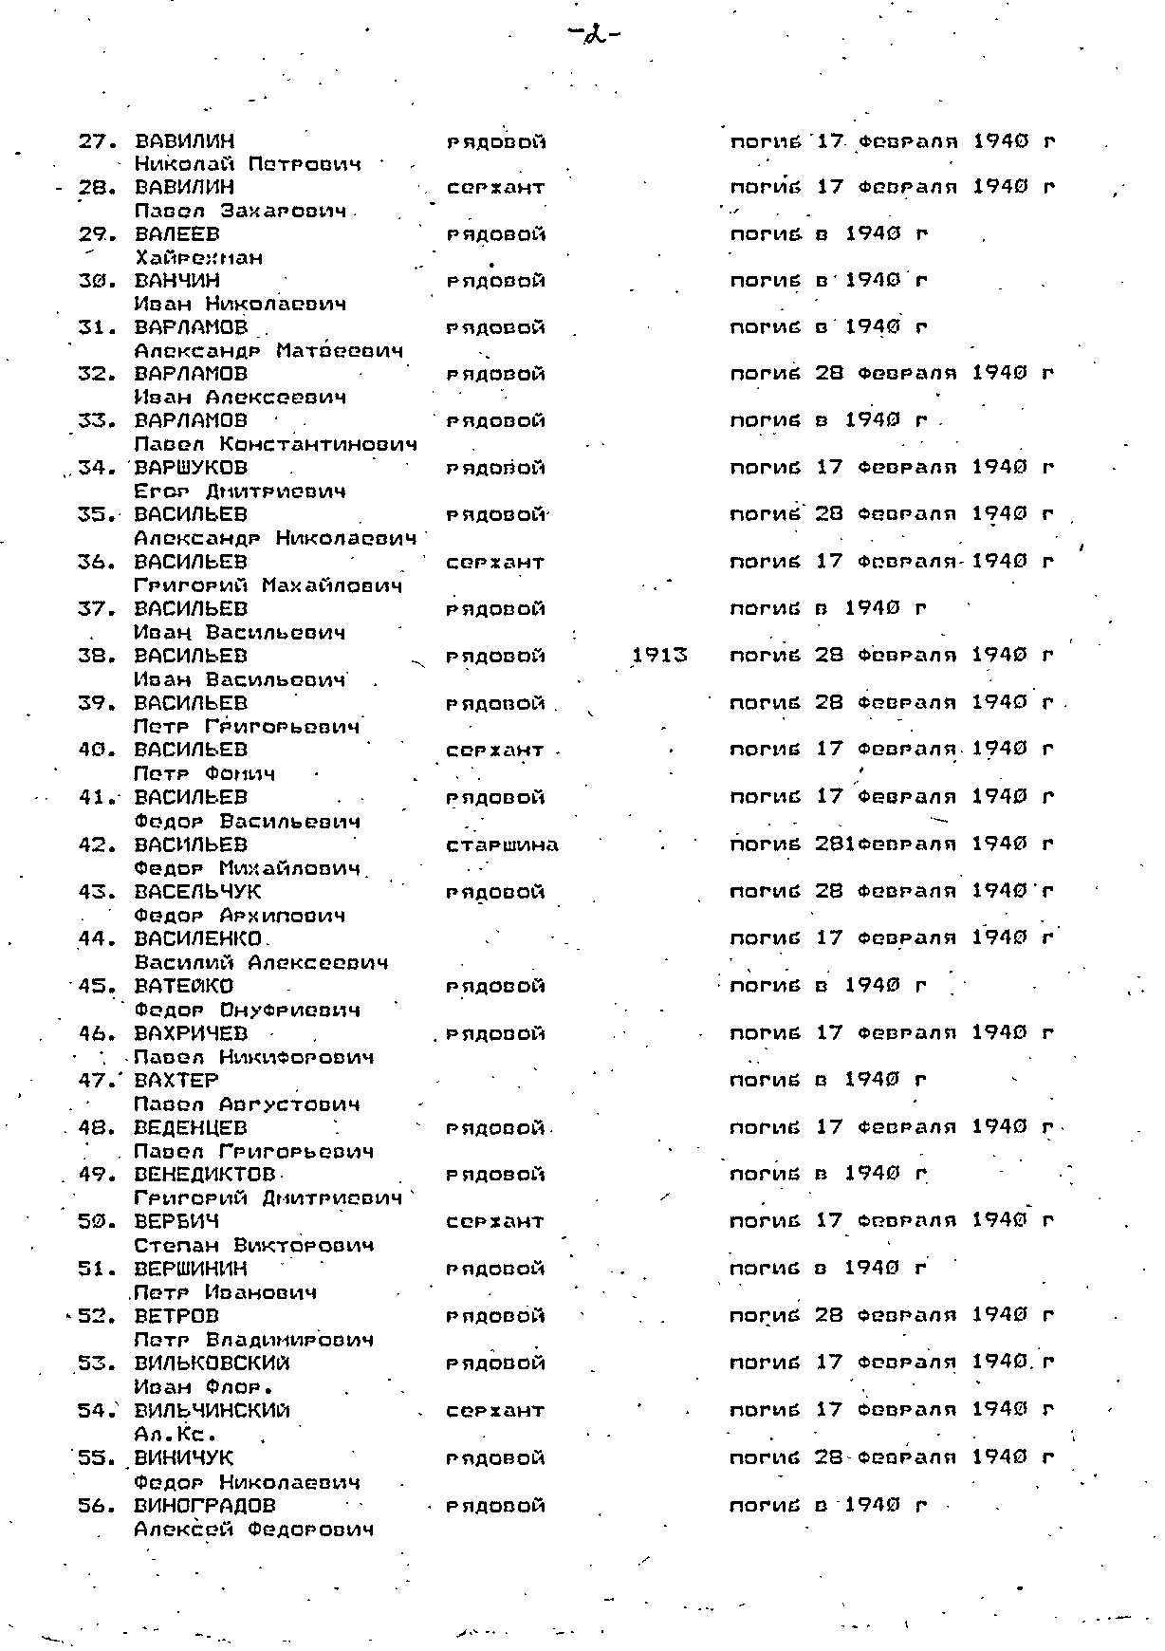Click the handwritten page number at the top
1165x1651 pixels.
[x=595, y=36]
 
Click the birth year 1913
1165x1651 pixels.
[x=659, y=655]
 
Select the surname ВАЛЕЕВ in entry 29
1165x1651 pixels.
[x=177, y=233]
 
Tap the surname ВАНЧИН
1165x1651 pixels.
[x=177, y=280]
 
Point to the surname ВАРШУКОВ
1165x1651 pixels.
[x=191, y=467]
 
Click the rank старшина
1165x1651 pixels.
[x=502, y=844]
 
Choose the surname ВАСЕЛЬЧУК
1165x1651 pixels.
[x=197, y=891]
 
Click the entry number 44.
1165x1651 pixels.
[x=96, y=938]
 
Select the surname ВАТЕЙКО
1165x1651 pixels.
[x=183, y=985]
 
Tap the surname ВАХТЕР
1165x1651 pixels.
[x=176, y=1080]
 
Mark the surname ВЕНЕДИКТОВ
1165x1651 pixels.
[x=204, y=1175]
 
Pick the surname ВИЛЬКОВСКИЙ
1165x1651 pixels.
[x=212, y=1363]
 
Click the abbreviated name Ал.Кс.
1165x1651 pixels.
[x=163, y=1434]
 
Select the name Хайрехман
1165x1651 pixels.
[x=198, y=257]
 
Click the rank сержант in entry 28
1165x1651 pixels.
[x=495, y=188]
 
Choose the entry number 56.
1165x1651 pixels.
[x=96, y=1505]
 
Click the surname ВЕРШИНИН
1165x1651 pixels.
[x=191, y=1269]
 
